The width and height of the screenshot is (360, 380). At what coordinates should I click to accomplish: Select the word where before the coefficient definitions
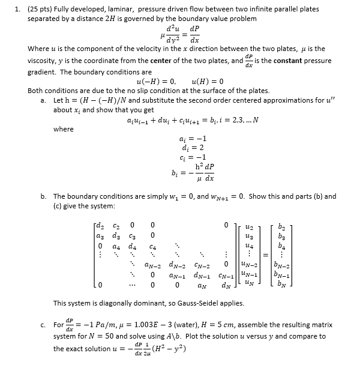[64, 128]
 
